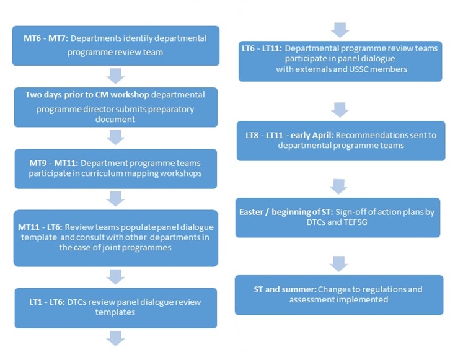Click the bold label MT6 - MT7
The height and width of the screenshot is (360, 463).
(x=42, y=38)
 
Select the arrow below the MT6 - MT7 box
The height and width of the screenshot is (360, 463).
(x=116, y=76)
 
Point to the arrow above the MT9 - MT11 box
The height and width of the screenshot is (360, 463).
(x=116, y=137)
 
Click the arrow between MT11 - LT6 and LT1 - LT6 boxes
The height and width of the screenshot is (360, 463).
(x=116, y=276)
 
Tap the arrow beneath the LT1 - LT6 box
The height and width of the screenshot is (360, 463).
(x=116, y=338)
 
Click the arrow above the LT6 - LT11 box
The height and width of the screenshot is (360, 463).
(x=340, y=29)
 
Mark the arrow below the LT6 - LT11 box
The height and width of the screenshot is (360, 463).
(x=340, y=109)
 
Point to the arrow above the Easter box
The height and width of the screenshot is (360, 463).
(x=340, y=185)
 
